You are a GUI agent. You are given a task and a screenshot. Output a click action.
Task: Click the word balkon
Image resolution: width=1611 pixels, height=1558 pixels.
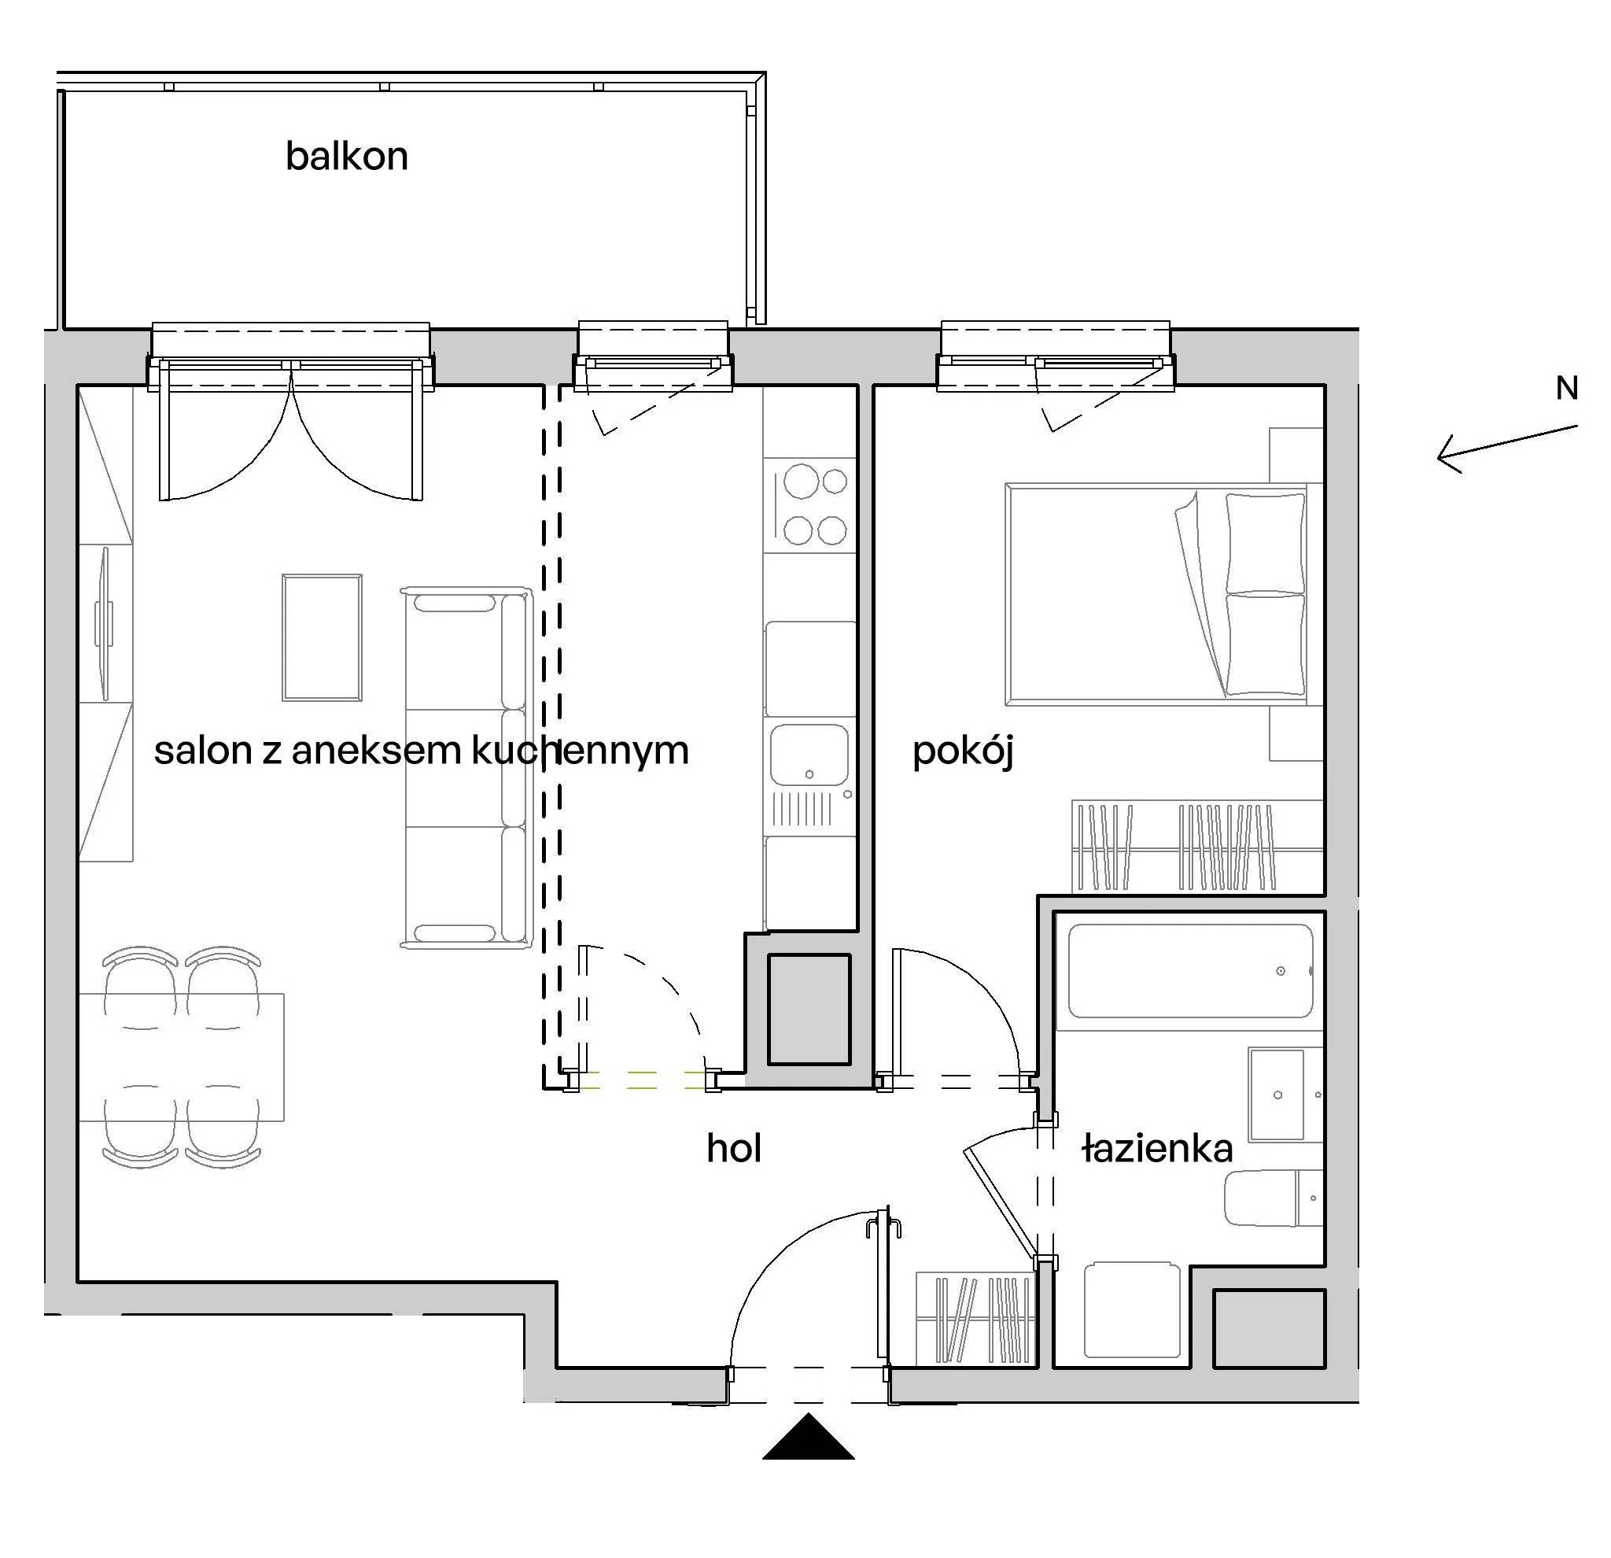[x=346, y=157]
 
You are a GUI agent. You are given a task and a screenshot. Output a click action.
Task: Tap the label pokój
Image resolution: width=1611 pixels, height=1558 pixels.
[x=963, y=751]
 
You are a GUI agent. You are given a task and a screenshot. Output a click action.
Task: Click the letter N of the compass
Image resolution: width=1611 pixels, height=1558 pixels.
[x=1567, y=388]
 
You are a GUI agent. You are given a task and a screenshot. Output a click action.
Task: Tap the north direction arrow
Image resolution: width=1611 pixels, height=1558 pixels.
[x=1506, y=449]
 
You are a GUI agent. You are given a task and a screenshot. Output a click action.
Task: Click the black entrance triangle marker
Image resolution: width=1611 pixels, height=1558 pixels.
[x=808, y=1436]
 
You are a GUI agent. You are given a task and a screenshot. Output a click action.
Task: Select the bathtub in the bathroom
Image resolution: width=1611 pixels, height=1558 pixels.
[x=1190, y=971]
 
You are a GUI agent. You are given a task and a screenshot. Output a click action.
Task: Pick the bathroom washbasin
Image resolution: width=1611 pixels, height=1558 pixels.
[x=1277, y=1095]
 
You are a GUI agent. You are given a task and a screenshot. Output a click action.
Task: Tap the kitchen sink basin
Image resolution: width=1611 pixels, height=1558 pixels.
[x=809, y=755]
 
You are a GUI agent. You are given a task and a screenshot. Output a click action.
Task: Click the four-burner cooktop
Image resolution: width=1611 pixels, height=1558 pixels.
[x=809, y=505]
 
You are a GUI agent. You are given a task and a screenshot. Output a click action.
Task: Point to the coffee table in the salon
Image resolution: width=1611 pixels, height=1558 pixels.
[x=322, y=637]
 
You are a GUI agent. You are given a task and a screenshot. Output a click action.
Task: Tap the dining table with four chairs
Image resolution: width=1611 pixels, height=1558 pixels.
[x=182, y=1058]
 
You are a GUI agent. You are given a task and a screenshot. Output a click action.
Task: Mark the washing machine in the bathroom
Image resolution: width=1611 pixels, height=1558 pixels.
[x=1132, y=1310]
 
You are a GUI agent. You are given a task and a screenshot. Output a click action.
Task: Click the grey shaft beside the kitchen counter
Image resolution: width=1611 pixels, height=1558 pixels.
[x=809, y=1010]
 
